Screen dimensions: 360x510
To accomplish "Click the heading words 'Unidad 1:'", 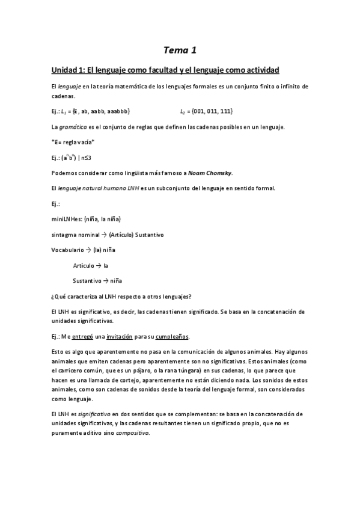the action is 69,70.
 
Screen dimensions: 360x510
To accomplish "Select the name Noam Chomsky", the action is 209,173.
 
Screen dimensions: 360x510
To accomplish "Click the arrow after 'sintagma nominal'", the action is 103,234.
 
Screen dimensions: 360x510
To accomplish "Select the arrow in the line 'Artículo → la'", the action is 99,265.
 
